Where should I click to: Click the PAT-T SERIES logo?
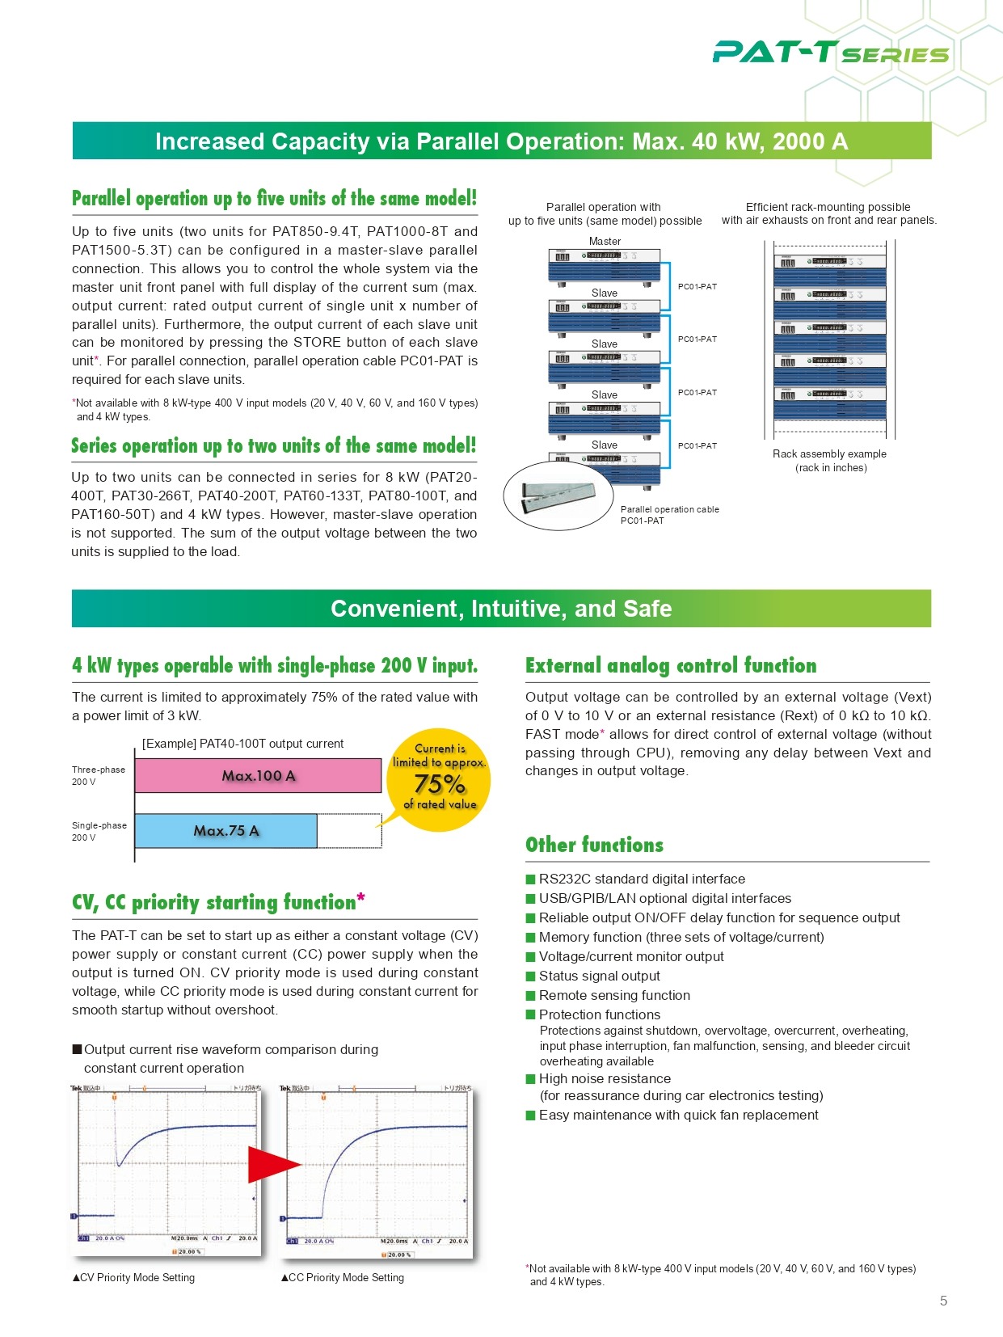click(x=830, y=53)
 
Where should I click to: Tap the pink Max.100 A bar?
click(x=258, y=776)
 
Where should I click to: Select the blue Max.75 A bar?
click(x=225, y=831)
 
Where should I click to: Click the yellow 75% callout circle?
click(x=439, y=777)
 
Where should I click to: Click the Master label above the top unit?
click(x=605, y=241)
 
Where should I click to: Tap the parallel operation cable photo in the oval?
click(x=558, y=495)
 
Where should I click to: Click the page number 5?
click(x=943, y=1301)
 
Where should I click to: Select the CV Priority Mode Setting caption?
click(x=133, y=1277)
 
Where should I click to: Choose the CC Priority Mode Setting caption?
click(x=343, y=1277)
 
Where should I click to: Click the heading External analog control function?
click(x=671, y=665)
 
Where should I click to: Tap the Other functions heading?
click(x=594, y=845)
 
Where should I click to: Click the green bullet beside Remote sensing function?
click(x=531, y=996)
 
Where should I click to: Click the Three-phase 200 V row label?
click(x=99, y=775)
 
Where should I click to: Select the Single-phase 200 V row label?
click(x=99, y=831)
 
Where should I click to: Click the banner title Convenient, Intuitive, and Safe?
click(x=501, y=609)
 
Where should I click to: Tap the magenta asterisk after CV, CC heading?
click(x=360, y=898)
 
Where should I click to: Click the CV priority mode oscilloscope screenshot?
click(x=166, y=1169)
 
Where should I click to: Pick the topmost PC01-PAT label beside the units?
click(x=697, y=286)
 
